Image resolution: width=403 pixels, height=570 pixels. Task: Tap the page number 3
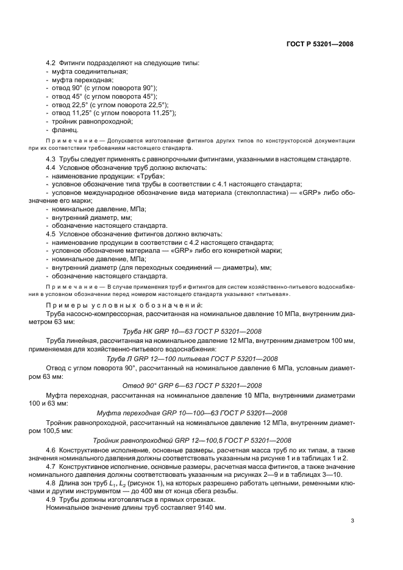(352, 521)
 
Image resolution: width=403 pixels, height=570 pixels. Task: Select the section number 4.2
(51, 63)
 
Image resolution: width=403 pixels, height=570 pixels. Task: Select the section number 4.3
(51, 159)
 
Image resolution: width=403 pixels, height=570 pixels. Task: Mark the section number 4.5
(51, 234)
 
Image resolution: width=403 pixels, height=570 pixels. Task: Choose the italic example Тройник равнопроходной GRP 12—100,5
(192, 440)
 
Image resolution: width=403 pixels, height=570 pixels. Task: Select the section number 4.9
(51, 499)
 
